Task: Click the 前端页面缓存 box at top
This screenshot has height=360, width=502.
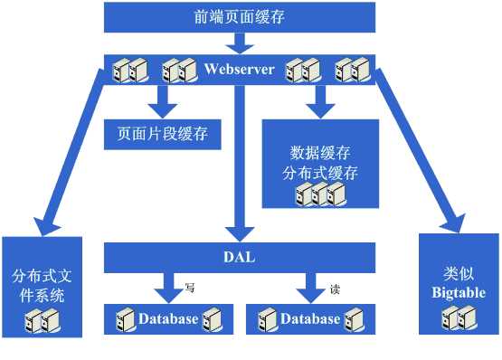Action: [240, 16]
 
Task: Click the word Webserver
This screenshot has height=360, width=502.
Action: [240, 69]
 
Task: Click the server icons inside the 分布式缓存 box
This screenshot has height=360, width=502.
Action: [322, 192]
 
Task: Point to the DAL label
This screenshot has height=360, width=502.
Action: [240, 257]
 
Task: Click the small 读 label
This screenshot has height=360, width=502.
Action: [334, 290]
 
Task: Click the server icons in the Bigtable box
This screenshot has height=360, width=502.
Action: [459, 317]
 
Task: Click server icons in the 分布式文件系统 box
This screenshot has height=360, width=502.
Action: [42, 318]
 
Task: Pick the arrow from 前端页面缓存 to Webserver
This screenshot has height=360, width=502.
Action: [240, 42]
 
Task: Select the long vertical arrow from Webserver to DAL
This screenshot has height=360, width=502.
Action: [240, 163]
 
